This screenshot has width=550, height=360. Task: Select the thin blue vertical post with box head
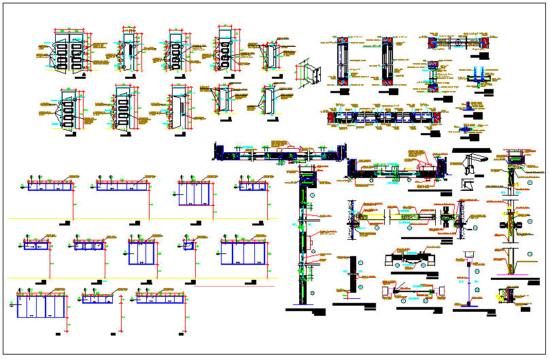coord(468,278)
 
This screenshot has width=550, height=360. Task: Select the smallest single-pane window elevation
coord(188,246)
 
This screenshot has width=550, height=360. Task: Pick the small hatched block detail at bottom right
coord(506,295)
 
